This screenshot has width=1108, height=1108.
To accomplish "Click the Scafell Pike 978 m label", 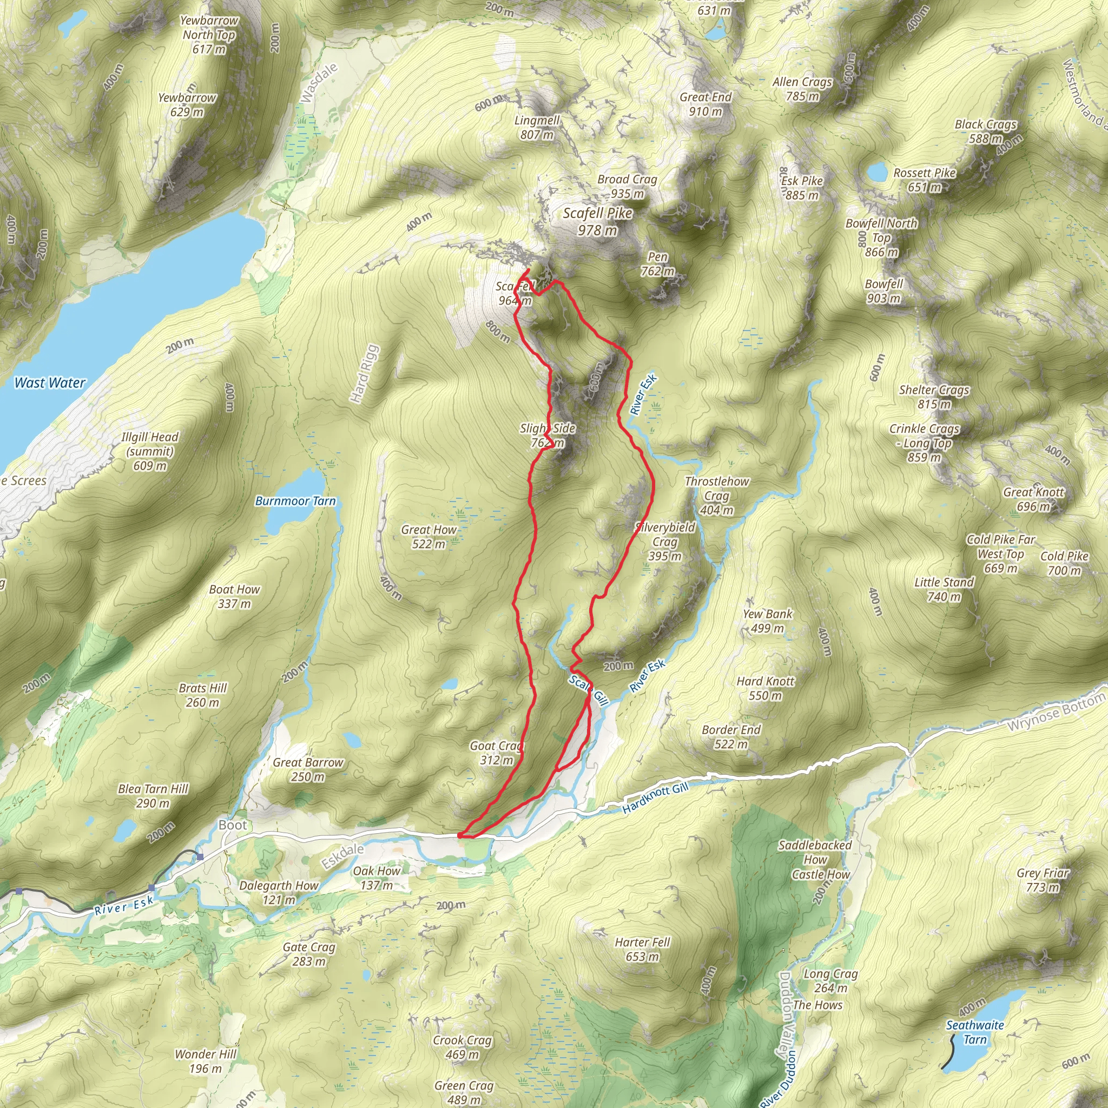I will point(598,221).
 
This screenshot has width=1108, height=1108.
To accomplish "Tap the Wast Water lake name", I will point(50,382).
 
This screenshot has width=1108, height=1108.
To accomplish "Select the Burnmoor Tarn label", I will point(295,500).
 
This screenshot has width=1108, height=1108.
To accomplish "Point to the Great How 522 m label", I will point(429,537).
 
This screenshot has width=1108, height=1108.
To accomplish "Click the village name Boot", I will point(232,825).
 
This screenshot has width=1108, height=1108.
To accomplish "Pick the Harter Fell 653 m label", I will point(642,949).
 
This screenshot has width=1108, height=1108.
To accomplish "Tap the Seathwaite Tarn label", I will point(975,1032).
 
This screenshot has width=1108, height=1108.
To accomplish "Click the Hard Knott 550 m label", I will point(766,688).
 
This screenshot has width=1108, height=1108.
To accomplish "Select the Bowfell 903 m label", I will point(884,291).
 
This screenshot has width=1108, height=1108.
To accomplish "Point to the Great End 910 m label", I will point(705,104).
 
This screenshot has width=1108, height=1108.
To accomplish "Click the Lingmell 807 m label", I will point(537,127).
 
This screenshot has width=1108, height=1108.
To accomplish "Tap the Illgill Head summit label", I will point(150,451).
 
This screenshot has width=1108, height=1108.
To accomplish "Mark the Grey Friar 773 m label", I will point(1043,880).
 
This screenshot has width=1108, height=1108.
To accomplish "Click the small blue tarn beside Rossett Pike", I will point(876,172).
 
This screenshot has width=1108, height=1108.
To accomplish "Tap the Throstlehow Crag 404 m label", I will point(717,496).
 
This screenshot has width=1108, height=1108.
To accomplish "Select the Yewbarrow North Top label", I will point(209,35).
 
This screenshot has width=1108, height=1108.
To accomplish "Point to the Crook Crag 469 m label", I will point(462,1047).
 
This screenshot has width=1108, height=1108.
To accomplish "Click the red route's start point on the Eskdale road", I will point(460,836).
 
